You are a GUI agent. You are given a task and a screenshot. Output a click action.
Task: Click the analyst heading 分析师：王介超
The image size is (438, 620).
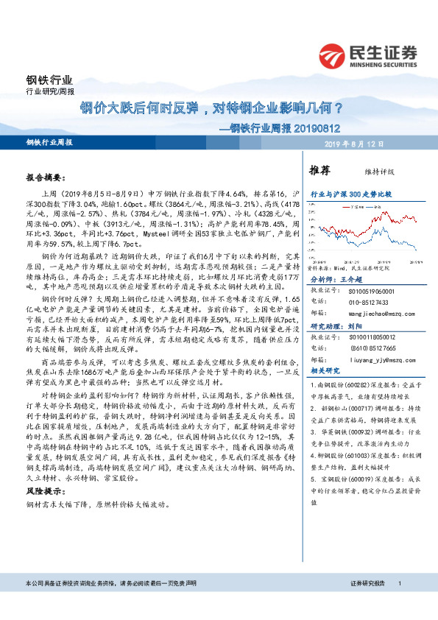[333, 281]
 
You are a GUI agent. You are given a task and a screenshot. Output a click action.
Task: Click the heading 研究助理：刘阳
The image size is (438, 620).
[333, 325]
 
